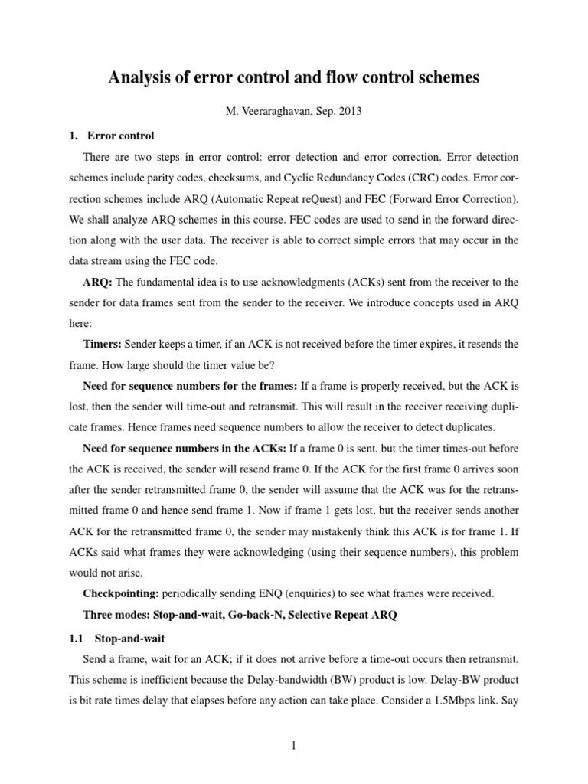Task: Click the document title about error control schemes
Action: [294, 78]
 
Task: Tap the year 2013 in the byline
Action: [349, 111]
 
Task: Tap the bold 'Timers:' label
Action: [103, 344]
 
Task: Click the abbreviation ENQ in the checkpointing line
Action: [256, 593]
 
